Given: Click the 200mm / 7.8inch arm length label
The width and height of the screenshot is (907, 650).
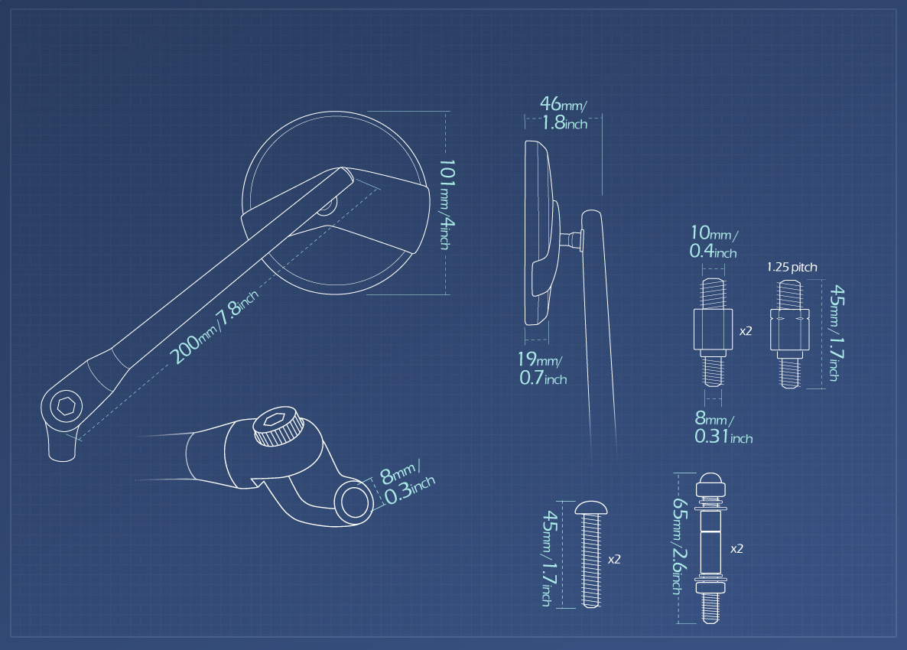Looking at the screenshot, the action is click(x=215, y=327).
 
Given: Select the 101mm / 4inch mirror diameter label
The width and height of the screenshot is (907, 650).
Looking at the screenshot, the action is click(x=447, y=205).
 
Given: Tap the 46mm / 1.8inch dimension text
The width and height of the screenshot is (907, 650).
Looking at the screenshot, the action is click(x=564, y=113).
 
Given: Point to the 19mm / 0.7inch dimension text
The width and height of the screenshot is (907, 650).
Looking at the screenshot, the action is click(x=542, y=369).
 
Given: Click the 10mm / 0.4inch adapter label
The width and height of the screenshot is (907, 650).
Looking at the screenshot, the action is click(x=714, y=241).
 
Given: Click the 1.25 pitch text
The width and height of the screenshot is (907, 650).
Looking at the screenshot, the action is click(x=792, y=267).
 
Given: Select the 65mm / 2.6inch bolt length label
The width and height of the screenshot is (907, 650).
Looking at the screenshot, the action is click(x=679, y=546).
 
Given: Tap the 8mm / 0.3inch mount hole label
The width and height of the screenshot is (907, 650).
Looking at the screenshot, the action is click(x=407, y=483).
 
